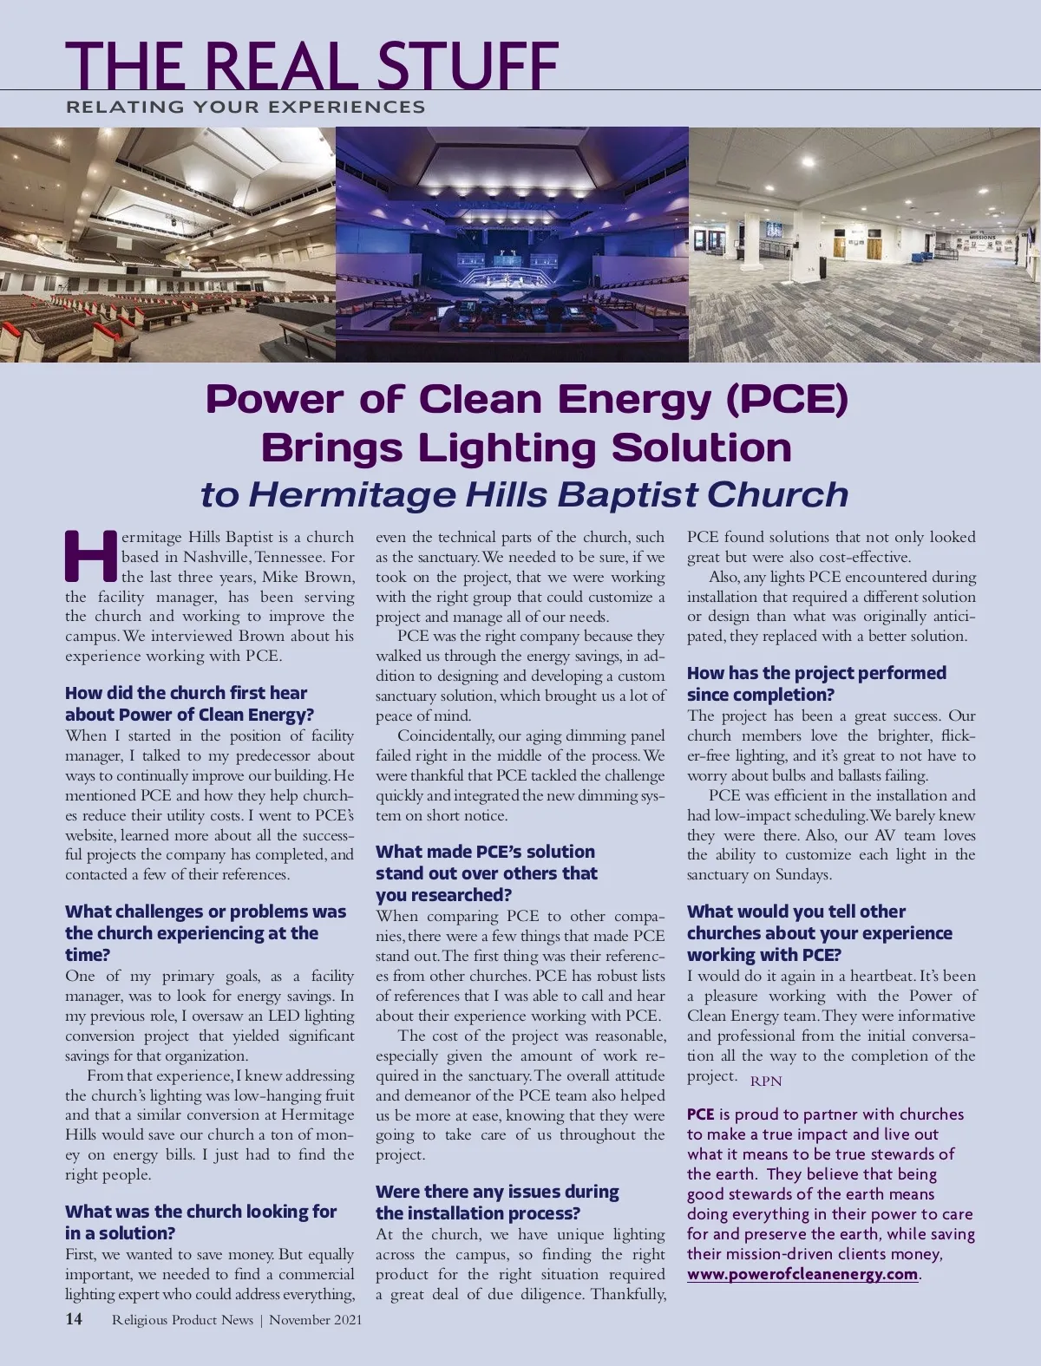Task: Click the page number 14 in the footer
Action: click(x=74, y=1319)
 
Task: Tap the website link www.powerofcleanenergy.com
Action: click(x=802, y=1274)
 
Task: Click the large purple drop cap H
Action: click(x=90, y=556)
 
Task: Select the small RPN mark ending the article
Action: click(x=766, y=1081)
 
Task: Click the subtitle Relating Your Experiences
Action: click(x=246, y=107)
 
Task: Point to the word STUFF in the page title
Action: click(x=468, y=65)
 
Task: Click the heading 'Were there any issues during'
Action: click(x=497, y=1192)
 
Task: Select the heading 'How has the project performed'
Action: click(x=816, y=673)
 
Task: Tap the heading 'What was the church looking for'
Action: click(x=200, y=1212)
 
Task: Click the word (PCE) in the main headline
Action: click(x=787, y=399)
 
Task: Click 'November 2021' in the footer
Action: click(x=316, y=1320)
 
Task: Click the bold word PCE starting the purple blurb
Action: click(x=701, y=1114)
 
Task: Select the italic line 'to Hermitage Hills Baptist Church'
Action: click(x=524, y=494)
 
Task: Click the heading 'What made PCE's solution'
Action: click(x=485, y=852)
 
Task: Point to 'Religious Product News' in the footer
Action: click(x=182, y=1320)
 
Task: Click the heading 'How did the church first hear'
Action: click(x=186, y=693)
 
